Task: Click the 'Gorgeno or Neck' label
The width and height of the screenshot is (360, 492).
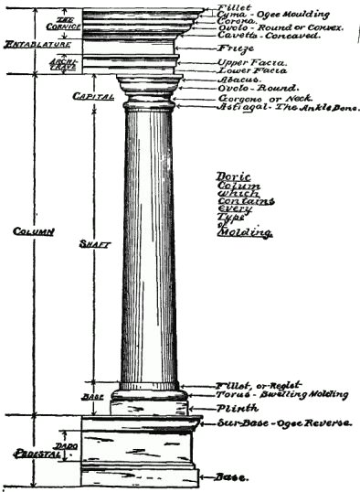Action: [255, 98]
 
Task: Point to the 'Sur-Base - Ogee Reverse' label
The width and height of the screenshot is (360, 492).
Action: [271, 425]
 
